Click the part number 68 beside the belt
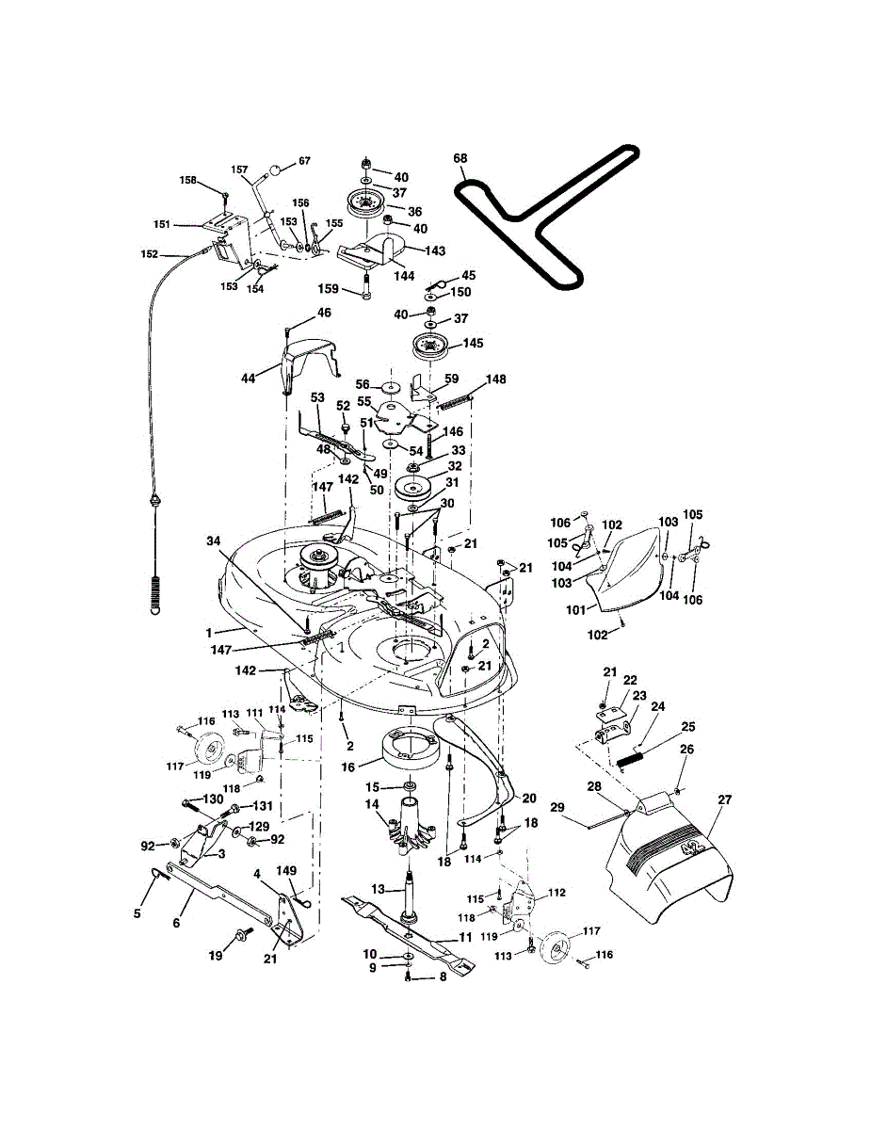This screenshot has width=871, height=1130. pos(460,158)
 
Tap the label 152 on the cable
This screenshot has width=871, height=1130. pos(149,253)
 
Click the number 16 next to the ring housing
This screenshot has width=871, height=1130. pos(348,767)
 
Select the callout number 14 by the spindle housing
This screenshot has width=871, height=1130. pos(372,804)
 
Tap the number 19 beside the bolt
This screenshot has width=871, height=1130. pos(216,955)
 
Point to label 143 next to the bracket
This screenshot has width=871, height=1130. pos(434,250)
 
